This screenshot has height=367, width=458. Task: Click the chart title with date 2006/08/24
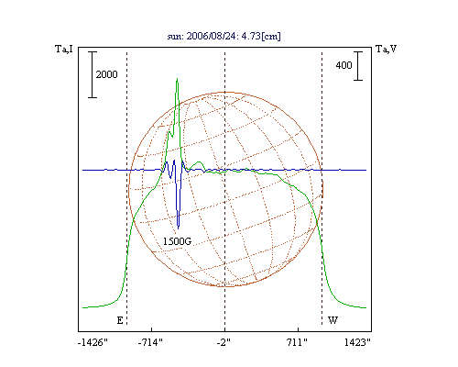coord(224,36)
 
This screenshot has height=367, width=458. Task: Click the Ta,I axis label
coord(64,49)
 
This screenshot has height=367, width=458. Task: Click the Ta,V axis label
coord(386,49)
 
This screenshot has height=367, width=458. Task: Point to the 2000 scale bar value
coord(106,74)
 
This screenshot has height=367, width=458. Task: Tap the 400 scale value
coord(343,65)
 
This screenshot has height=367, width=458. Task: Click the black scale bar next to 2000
coord(93,74)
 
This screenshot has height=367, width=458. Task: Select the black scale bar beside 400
coord(358,66)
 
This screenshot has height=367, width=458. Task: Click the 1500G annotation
coord(177,241)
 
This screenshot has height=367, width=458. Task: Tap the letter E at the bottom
coord(120,320)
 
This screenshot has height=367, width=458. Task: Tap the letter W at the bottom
coord(333,320)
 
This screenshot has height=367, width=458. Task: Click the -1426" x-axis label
coord(93,342)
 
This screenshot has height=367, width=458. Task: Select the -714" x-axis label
coord(150,342)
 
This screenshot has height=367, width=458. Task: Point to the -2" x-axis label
coord(224,342)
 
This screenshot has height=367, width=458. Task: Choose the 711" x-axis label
coord(297,342)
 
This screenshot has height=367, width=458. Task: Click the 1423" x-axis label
coord(357,342)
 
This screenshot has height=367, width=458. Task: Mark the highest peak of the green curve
coord(177,79)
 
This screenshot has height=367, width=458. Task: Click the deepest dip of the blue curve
coord(179,228)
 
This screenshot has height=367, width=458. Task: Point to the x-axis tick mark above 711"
coord(298,329)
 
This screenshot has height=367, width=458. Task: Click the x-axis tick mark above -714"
coord(152,329)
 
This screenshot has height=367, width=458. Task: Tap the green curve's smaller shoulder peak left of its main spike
coord(169,131)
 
